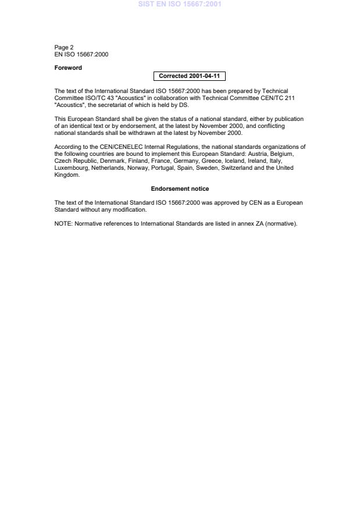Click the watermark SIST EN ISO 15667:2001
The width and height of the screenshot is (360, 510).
click(180, 4)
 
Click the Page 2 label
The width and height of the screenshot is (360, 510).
click(64, 48)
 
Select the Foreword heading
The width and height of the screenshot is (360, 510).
click(68, 68)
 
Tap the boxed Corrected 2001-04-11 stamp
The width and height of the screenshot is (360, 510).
click(189, 76)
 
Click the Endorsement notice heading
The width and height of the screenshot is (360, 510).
click(180, 189)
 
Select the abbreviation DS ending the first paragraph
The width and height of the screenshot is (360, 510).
click(183, 105)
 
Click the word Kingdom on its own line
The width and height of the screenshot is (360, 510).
click(66, 175)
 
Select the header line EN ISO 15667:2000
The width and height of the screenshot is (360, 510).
click(81, 55)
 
